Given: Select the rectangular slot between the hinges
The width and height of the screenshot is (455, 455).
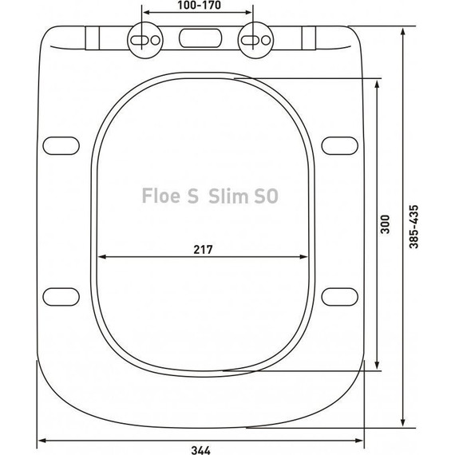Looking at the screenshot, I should [x=199, y=38].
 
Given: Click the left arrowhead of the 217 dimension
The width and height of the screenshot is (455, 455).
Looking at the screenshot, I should [x=101, y=257].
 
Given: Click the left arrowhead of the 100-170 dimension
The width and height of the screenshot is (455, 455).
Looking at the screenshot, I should [x=145, y=15].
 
